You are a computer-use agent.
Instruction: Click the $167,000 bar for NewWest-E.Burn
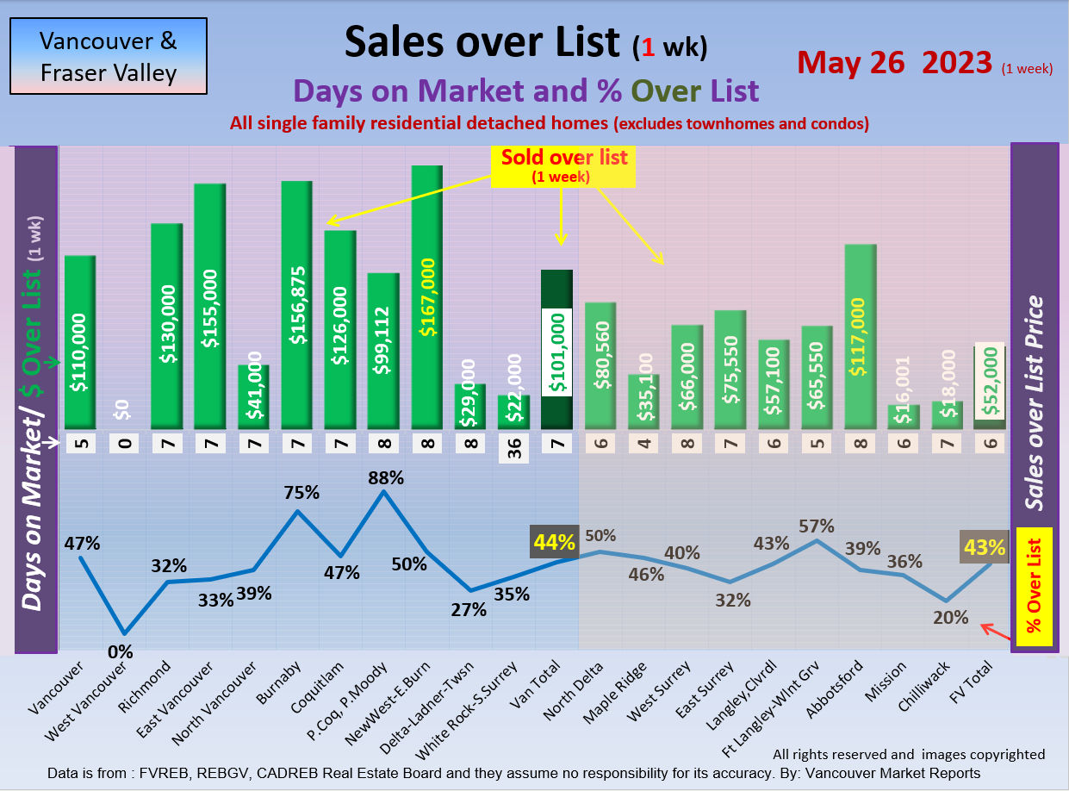click(x=426, y=297)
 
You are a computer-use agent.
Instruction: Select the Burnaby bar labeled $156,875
click(x=296, y=305)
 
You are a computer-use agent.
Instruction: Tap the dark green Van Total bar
click(x=556, y=350)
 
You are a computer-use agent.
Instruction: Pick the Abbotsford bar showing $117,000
click(x=861, y=337)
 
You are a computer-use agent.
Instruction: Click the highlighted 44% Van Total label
click(x=554, y=542)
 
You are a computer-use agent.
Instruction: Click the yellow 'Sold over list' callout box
click(x=563, y=165)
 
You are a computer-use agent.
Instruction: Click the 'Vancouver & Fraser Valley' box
click(x=109, y=56)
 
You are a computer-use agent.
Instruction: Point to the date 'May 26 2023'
click(x=895, y=62)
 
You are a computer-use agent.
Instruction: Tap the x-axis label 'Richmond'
click(x=156, y=684)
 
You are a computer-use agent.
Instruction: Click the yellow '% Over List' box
click(x=1035, y=587)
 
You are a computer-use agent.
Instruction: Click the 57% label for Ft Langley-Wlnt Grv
click(x=817, y=525)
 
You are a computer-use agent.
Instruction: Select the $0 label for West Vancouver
click(x=122, y=410)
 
